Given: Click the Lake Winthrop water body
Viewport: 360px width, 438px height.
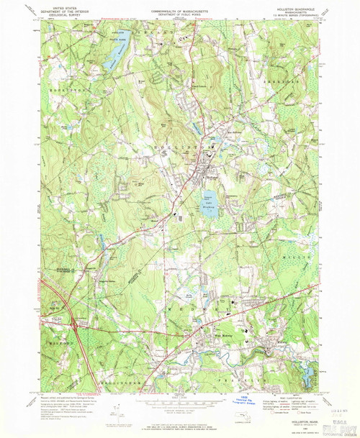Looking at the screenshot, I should tap(208, 202).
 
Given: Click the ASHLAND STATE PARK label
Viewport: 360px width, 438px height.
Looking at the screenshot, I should tap(117, 35).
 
